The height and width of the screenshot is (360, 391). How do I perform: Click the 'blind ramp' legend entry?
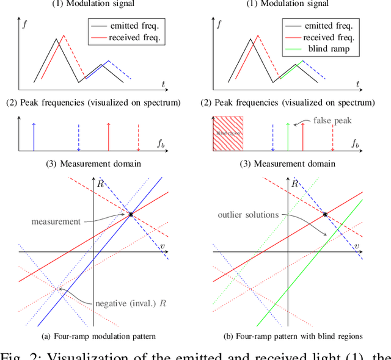tap(328, 48)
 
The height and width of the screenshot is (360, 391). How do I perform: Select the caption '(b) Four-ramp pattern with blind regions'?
tap(288, 336)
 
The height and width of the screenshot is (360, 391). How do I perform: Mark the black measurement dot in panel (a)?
tap(130, 214)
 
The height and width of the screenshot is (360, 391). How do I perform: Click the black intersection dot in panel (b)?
tap(324, 214)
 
